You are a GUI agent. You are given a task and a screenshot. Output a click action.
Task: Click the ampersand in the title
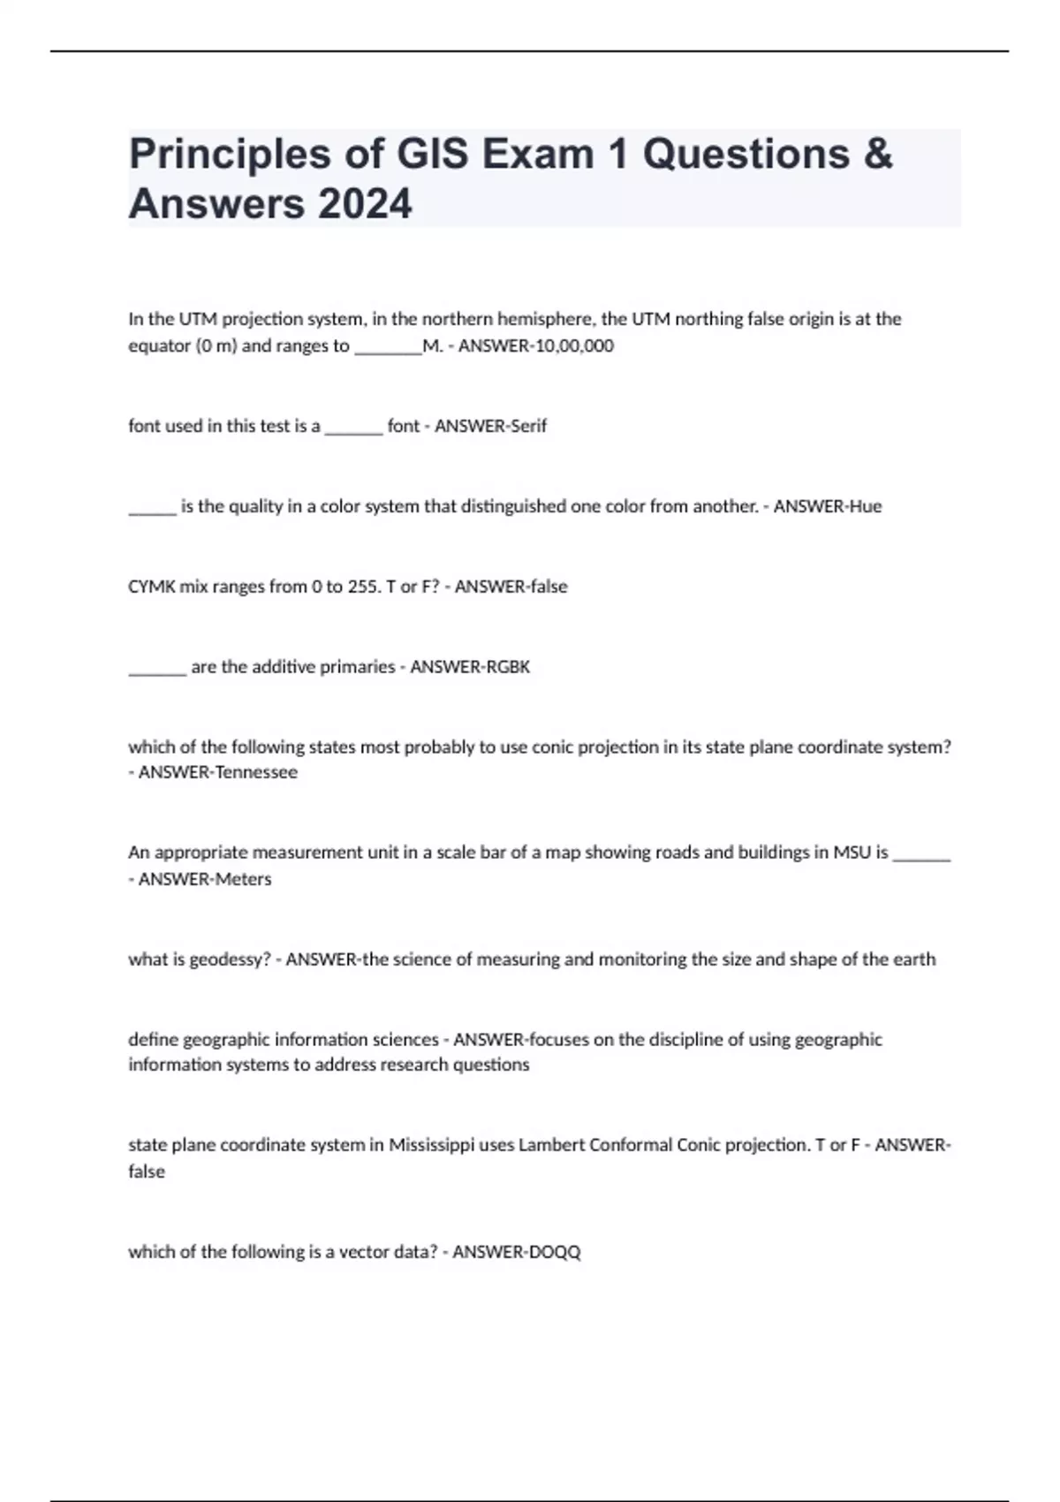pyautogui.click(x=876, y=155)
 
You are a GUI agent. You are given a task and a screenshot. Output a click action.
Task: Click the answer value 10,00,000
pyautogui.click(x=573, y=346)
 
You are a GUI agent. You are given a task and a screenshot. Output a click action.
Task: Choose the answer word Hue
pyautogui.click(x=865, y=506)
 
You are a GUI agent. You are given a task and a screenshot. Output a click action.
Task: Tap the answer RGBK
pyautogui.click(x=508, y=667)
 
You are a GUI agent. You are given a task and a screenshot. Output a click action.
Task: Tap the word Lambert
pyautogui.click(x=551, y=1145)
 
